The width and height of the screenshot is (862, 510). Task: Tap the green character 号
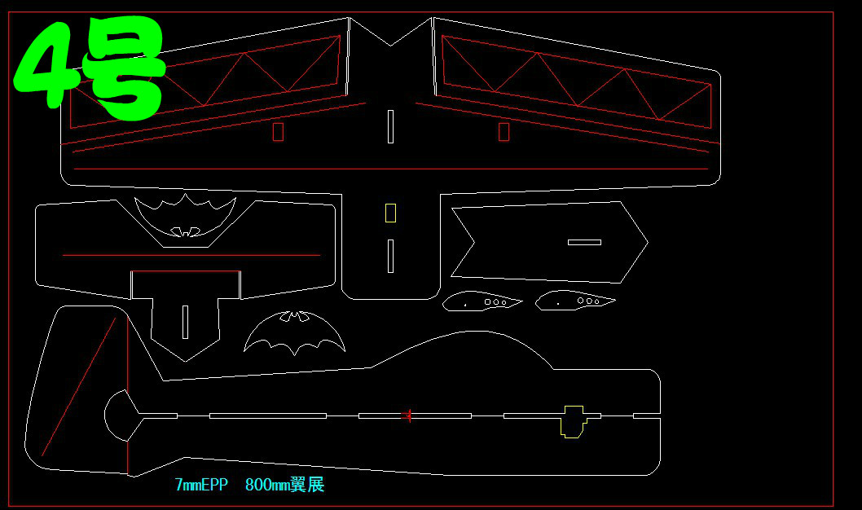[x=126, y=69]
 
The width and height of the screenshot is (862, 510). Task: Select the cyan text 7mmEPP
[x=201, y=486]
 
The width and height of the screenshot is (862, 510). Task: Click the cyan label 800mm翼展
[x=284, y=486]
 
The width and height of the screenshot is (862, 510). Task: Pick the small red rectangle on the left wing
[x=278, y=132]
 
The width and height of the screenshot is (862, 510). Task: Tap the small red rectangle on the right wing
[x=504, y=132]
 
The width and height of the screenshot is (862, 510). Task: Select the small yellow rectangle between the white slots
[x=390, y=213]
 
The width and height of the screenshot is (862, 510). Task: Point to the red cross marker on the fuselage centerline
[x=407, y=415]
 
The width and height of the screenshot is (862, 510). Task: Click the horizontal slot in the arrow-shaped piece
[x=584, y=242]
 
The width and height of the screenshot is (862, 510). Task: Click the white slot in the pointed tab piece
[x=186, y=322]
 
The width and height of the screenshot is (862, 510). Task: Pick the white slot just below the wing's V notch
[x=390, y=126]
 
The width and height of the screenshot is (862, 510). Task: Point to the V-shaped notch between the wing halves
[x=390, y=37]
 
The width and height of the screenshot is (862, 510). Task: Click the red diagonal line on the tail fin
[x=79, y=387]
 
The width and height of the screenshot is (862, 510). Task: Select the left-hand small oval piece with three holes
[x=482, y=301]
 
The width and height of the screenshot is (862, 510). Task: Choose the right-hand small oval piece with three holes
[x=574, y=300]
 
